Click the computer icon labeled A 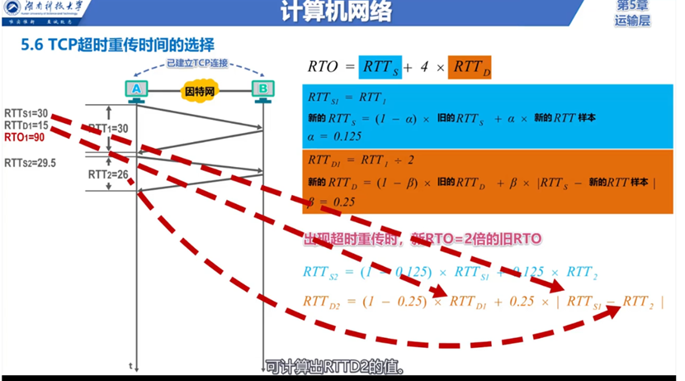[137, 89]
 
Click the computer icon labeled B [262, 89]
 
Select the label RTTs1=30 [26, 113]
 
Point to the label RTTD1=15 [26, 125]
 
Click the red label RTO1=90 [25, 136]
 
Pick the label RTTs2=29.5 [30, 163]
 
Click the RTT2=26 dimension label [108, 174]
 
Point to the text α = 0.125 [335, 136]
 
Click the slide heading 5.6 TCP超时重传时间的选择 [117, 45]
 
